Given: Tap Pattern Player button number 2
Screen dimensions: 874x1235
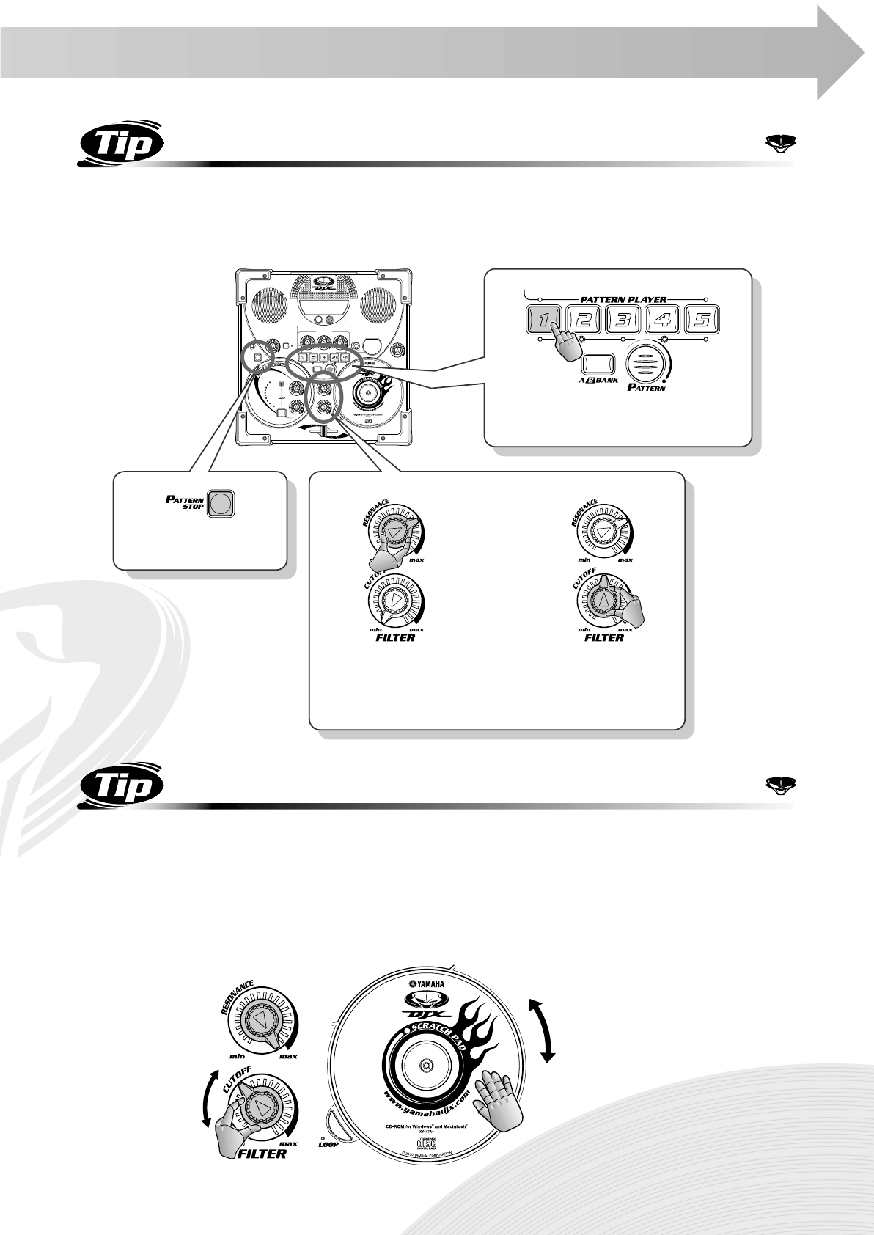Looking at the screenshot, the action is click(584, 320).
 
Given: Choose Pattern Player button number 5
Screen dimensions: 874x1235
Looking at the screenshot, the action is click(701, 320).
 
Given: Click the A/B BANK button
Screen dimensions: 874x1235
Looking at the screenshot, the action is click(597, 364).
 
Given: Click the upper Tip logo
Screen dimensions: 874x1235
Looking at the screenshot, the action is click(120, 144).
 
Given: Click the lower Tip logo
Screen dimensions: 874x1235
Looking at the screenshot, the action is click(120, 788).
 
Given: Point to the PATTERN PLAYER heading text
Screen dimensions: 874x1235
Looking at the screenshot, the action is click(623, 298).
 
